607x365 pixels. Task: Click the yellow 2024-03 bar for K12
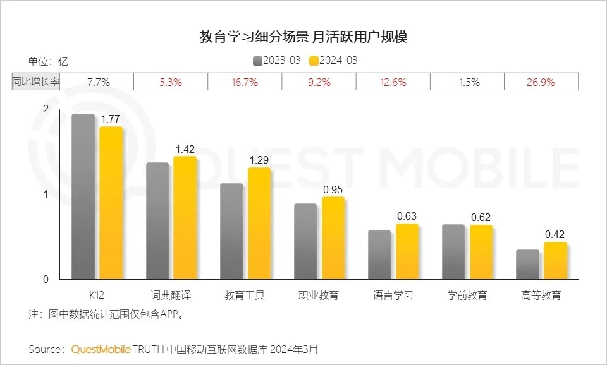tap(111, 202)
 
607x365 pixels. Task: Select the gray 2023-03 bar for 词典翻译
tap(157, 220)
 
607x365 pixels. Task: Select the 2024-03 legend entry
tap(333, 61)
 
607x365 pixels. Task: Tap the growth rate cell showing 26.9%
tap(541, 82)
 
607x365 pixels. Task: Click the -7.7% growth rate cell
tap(97, 82)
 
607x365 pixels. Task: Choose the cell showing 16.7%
tap(245, 82)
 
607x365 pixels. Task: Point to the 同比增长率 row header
tap(36, 82)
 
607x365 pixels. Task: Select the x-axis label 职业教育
tap(319, 295)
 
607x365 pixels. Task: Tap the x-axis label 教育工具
tap(245, 295)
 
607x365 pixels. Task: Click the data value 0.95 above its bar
tap(333, 189)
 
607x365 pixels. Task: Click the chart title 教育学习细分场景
tap(253, 37)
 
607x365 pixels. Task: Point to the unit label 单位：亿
tap(47, 61)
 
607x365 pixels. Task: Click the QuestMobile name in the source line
tap(101, 349)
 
